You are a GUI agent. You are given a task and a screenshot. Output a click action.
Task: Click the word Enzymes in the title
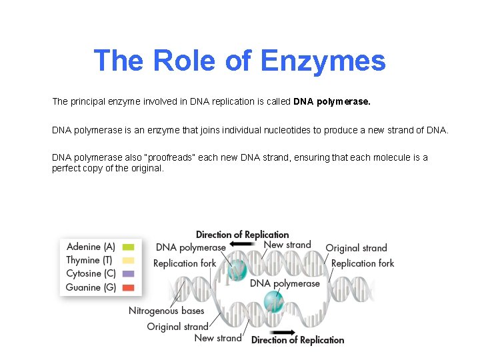pos(323,61)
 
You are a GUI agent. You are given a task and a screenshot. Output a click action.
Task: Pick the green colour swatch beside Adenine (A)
pos(129,247)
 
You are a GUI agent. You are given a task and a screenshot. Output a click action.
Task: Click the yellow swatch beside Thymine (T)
pos(129,260)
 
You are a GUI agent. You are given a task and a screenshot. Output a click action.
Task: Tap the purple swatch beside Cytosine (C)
pos(129,273)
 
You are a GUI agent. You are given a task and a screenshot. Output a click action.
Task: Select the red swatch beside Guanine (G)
pos(129,287)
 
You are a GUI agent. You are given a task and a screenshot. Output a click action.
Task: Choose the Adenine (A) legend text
pos(91,247)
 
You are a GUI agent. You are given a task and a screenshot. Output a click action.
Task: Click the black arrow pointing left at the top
pos(241,245)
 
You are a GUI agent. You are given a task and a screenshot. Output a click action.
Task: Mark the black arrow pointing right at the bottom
pos(283,331)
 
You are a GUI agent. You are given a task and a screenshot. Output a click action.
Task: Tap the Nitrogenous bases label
pos(167,311)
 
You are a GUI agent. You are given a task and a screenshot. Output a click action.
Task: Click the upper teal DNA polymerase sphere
pos(237,270)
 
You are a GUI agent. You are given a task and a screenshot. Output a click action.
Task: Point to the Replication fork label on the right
pos(363,263)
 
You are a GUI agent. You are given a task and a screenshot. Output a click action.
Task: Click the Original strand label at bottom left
pos(178,327)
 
